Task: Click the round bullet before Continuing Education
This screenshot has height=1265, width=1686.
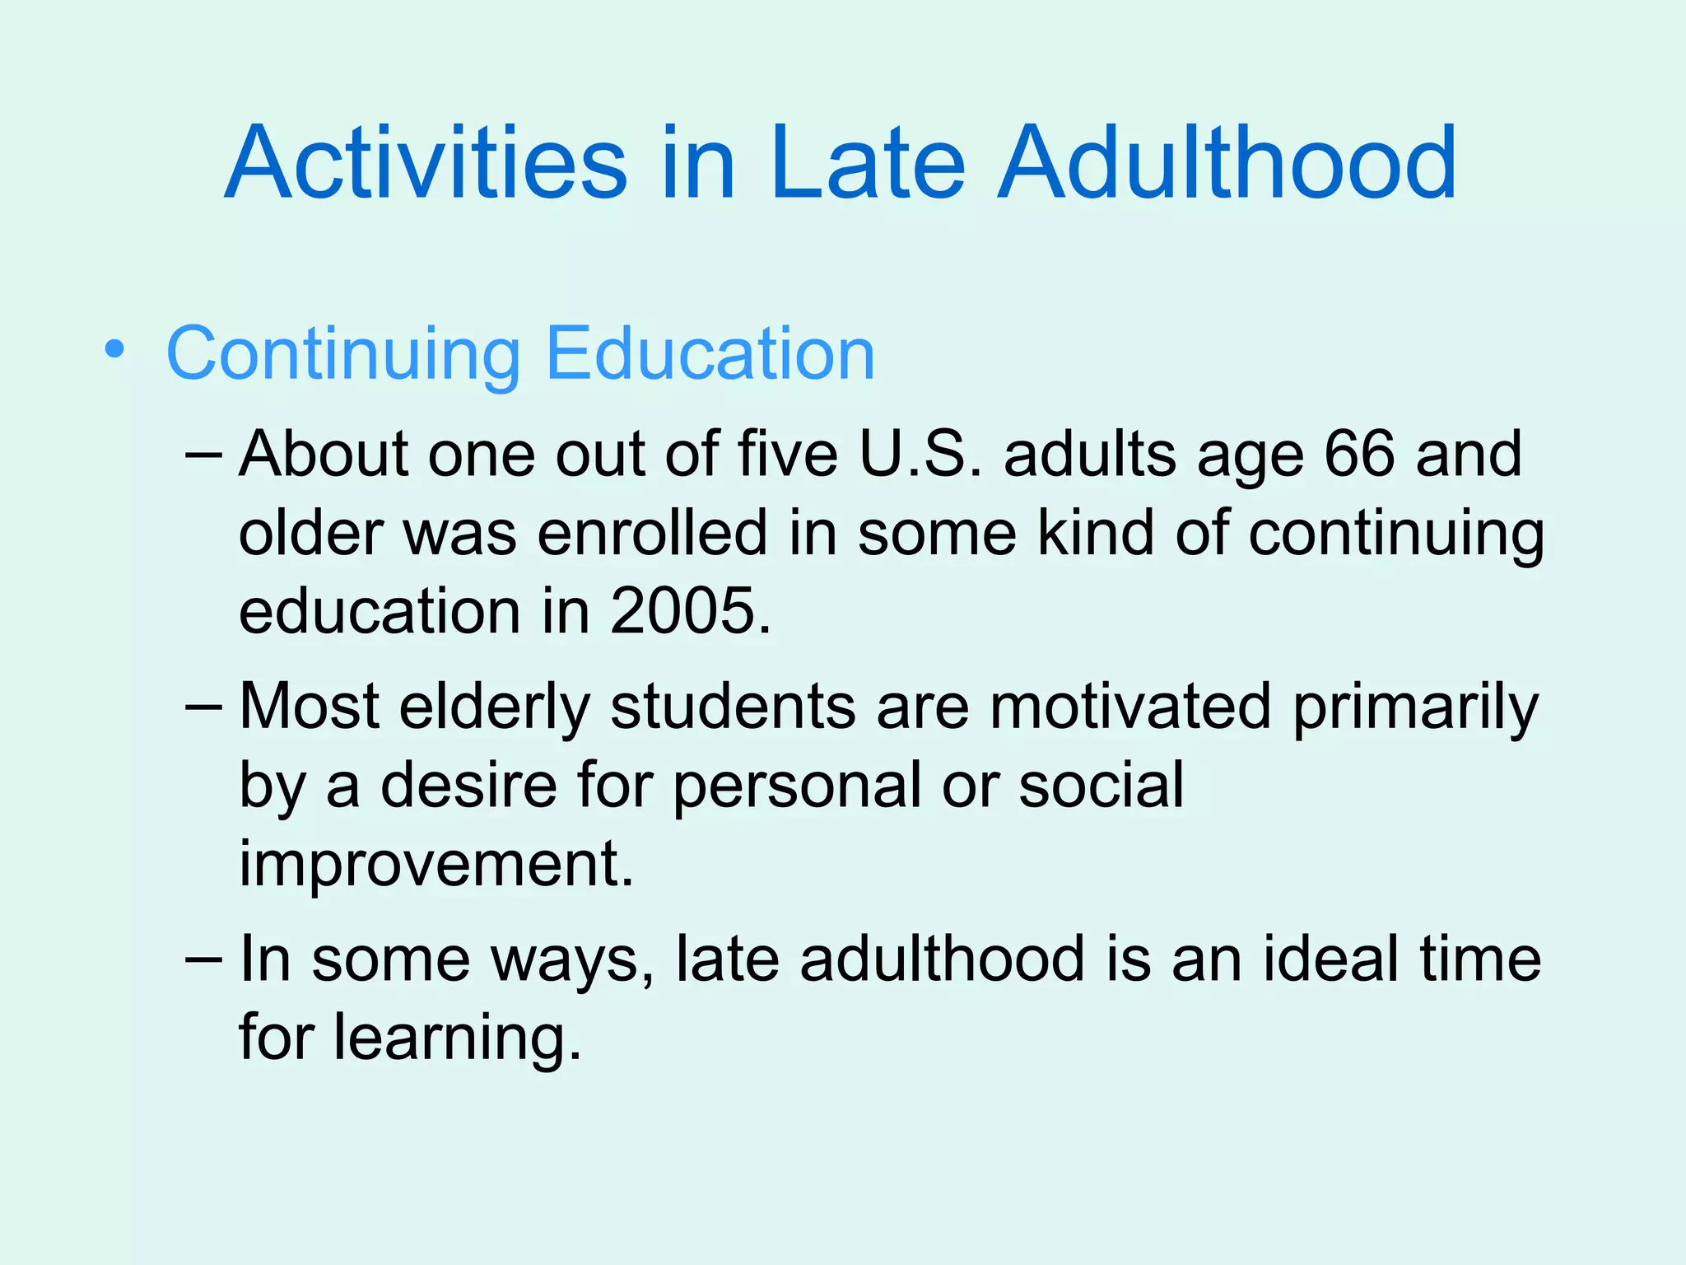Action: pos(114,351)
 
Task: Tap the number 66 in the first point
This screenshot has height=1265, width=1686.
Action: pos(1359,454)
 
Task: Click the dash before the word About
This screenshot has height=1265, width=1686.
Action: pos(204,455)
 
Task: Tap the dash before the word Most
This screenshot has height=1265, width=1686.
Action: pos(204,707)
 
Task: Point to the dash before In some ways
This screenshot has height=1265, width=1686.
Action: pos(204,959)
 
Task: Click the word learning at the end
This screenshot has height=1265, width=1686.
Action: pos(457,1038)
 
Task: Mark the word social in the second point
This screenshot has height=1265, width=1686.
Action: pos(1101,785)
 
